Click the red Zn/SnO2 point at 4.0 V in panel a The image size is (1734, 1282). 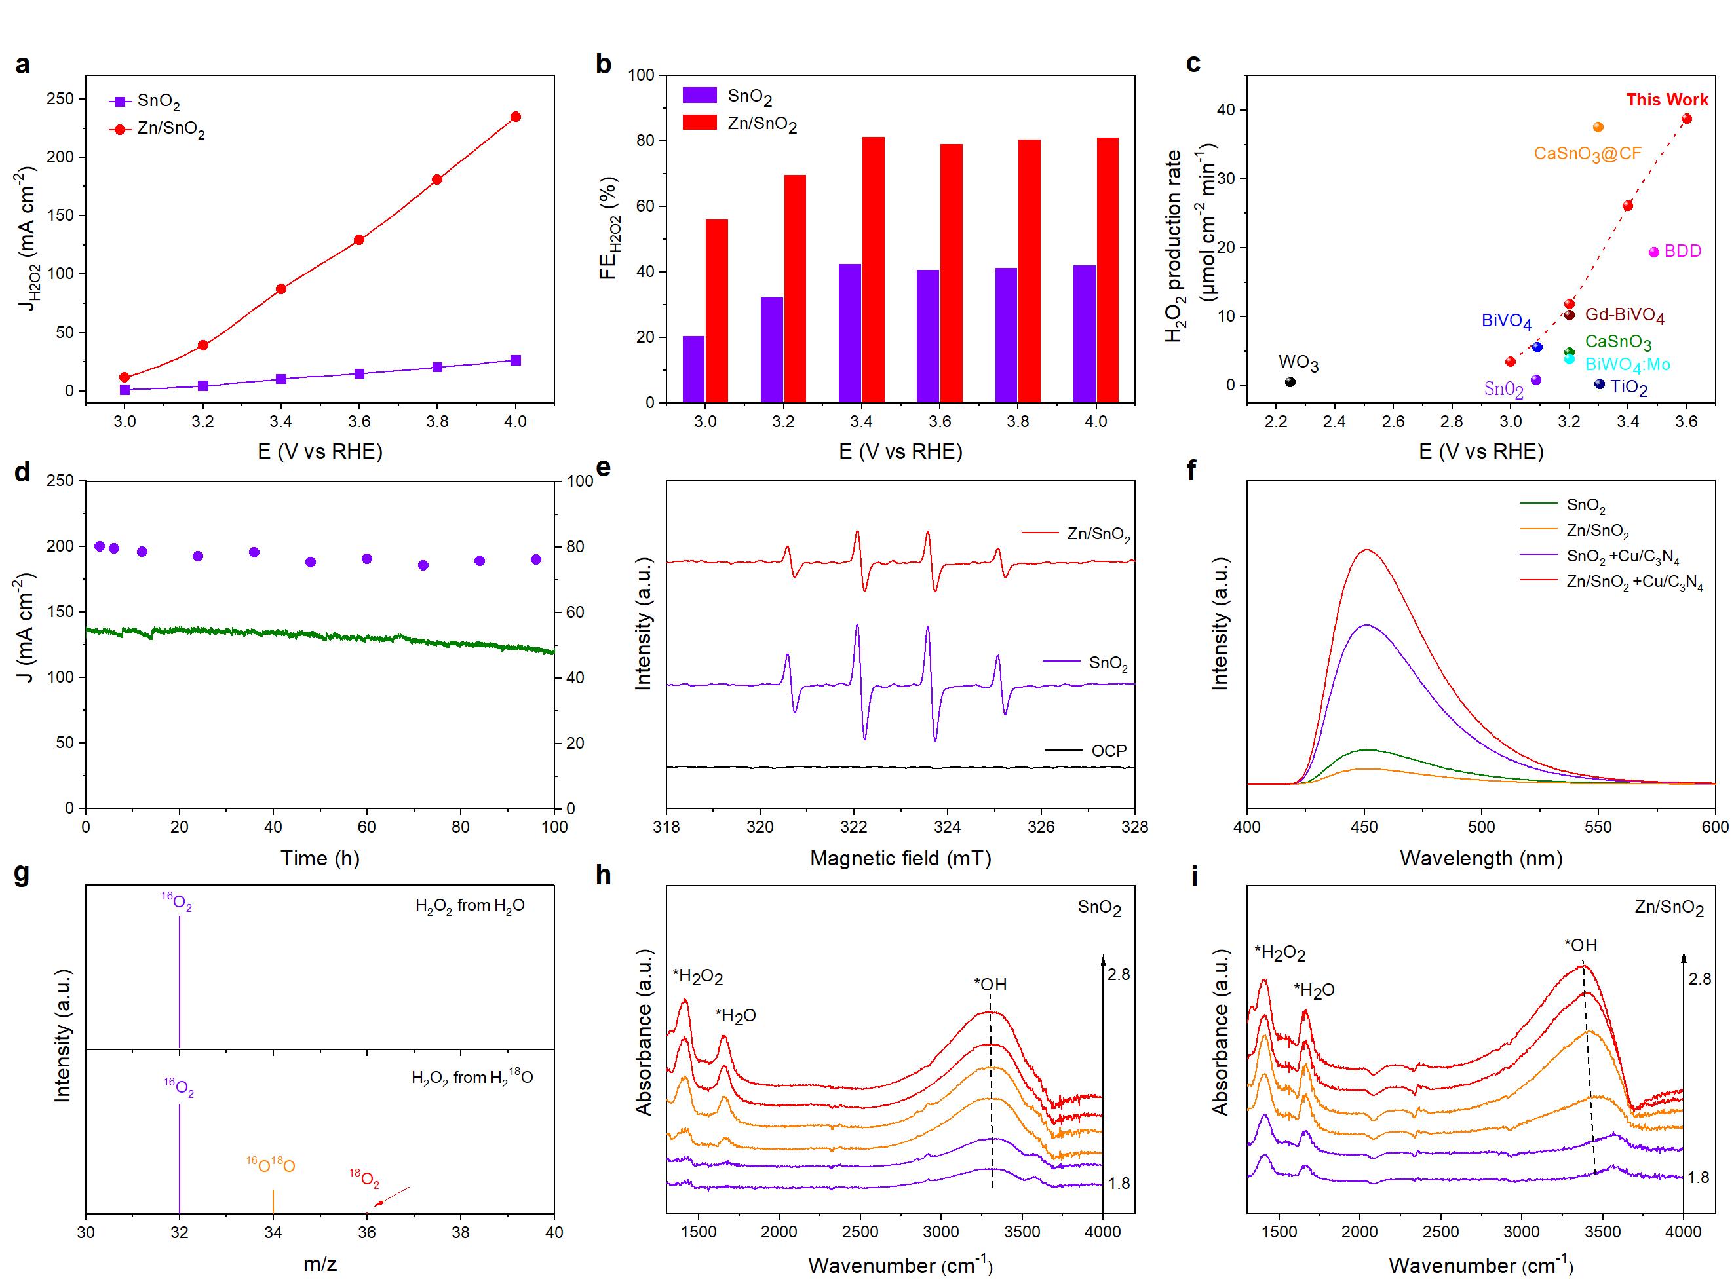click(515, 117)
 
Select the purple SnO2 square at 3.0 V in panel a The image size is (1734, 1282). click(125, 390)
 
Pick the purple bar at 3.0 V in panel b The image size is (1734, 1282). click(693, 369)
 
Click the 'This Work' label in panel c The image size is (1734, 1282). click(1667, 100)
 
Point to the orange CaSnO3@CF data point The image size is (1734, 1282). click(1598, 127)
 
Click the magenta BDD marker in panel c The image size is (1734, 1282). click(1653, 252)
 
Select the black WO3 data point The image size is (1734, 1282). click(1290, 382)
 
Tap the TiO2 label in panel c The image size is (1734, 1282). click(1628, 386)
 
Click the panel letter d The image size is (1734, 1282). click(22, 471)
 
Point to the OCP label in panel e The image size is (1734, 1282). click(1108, 751)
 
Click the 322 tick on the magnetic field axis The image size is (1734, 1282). click(854, 827)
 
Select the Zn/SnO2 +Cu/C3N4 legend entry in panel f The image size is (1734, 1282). click(1634, 582)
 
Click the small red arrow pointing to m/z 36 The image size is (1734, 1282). click(392, 1196)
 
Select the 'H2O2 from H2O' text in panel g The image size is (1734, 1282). click(470, 905)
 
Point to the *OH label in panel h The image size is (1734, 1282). click(990, 985)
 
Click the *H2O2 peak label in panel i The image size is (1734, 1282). click(1280, 953)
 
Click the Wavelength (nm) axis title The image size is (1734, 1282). click(1480, 858)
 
